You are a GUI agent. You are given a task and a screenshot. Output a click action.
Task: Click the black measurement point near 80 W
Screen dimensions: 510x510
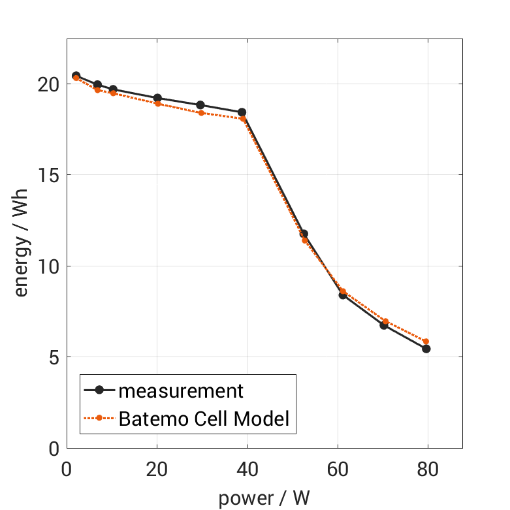(426, 349)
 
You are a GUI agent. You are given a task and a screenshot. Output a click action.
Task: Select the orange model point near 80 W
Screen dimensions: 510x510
(426, 342)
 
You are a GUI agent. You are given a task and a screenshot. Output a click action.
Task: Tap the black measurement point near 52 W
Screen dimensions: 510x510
(304, 234)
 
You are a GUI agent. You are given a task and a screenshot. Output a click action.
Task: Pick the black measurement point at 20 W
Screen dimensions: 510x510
(157, 98)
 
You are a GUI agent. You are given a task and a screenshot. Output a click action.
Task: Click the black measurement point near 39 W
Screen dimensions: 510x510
(242, 112)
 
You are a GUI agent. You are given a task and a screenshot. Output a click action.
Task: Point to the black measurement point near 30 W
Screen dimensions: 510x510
(200, 105)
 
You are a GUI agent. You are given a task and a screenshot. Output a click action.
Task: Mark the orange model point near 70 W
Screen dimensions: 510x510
(385, 321)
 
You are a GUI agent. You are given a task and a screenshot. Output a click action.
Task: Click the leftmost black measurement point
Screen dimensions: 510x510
(76, 76)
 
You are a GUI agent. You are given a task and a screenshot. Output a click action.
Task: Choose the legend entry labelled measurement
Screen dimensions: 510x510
(181, 390)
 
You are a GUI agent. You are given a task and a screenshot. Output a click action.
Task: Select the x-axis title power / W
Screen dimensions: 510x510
(264, 498)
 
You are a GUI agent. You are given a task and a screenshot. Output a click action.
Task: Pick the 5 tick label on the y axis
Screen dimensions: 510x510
(54, 358)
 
